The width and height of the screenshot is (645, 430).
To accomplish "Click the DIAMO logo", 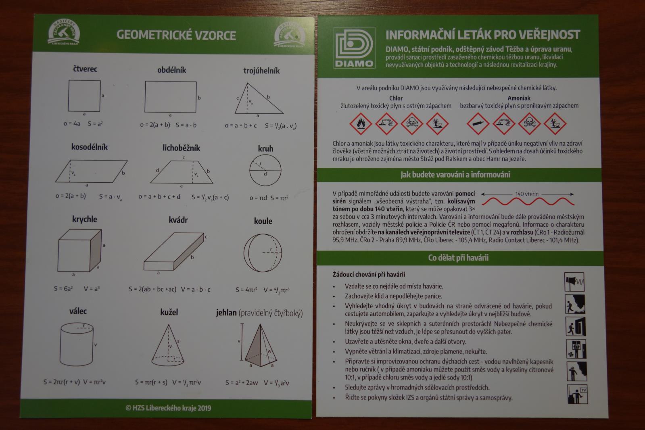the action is click(354, 48).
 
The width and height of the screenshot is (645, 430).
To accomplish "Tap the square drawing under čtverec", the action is click(84, 96).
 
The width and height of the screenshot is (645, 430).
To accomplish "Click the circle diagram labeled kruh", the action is click(265, 170).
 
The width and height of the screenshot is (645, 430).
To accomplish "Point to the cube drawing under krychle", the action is click(79, 250).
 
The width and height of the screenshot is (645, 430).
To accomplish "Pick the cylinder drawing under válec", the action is click(77, 344).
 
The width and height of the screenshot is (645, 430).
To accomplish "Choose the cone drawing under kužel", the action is click(167, 345).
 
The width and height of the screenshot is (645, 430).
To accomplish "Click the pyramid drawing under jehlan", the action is click(260, 345).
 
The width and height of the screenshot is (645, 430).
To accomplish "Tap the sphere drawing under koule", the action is click(263, 253).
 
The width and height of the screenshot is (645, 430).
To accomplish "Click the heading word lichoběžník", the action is click(181, 148).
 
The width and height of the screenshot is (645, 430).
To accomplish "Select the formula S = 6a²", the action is click(63, 288).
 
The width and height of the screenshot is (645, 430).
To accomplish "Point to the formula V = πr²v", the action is click(94, 382).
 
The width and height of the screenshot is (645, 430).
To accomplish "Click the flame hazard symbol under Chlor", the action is click(361, 123).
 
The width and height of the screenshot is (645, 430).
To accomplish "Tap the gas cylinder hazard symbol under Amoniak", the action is click(478, 124).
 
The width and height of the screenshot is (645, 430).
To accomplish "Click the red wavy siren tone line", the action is click(528, 201).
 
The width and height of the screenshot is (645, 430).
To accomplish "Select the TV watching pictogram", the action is click(577, 394).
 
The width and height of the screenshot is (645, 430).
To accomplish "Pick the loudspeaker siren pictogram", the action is click(574, 282).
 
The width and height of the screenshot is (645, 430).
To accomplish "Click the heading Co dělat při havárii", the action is click(458, 257).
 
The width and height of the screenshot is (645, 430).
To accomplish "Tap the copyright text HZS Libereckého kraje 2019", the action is click(169, 408).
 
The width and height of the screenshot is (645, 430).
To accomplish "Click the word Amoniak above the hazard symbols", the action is click(519, 98).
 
